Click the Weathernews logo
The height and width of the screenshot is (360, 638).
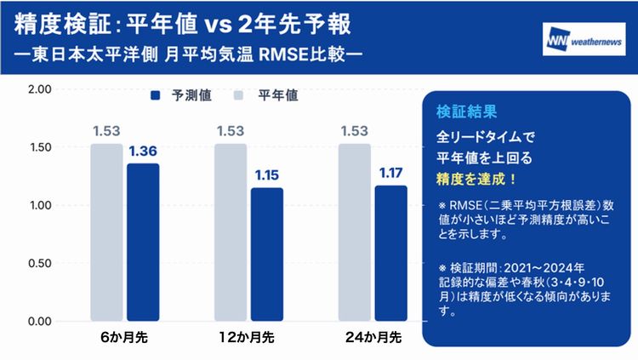[x=584, y=39]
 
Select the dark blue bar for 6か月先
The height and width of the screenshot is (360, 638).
[x=143, y=242]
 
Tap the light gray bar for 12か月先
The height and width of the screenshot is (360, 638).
[x=231, y=232]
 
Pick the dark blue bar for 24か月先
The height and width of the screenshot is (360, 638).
[x=391, y=254]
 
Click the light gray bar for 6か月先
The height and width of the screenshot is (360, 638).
[x=106, y=232]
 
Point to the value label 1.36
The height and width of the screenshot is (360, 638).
[x=143, y=151]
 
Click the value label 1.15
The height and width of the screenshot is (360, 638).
[x=267, y=175]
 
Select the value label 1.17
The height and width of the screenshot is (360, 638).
[x=391, y=173]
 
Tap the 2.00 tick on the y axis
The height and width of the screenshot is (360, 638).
[x=40, y=89]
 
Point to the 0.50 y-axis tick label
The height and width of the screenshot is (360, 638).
[x=40, y=263]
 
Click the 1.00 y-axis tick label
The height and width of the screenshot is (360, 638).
[x=40, y=205]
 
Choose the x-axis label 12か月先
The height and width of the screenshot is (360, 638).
[x=247, y=337]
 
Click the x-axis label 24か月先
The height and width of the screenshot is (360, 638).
[x=373, y=337]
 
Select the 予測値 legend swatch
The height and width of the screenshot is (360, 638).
[x=156, y=95]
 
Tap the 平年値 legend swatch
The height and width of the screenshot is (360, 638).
[x=238, y=95]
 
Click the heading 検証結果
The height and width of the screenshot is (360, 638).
[x=466, y=111]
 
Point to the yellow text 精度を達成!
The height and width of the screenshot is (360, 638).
[x=476, y=180]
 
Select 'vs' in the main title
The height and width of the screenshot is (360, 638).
[x=218, y=26]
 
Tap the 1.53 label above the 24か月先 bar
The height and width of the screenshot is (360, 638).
[x=355, y=131]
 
